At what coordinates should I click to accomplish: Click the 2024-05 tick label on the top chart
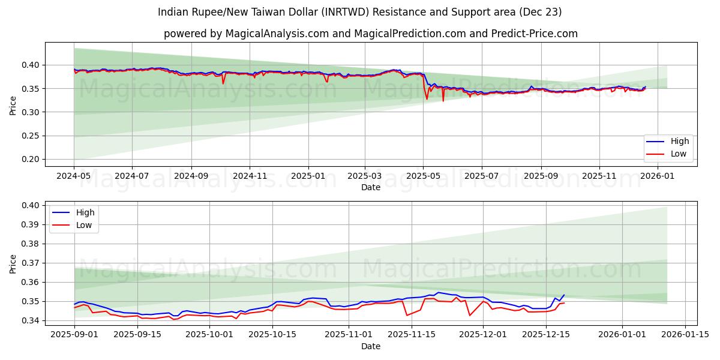[x=74, y=176]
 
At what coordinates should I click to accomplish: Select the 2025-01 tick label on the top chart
[x=308, y=176]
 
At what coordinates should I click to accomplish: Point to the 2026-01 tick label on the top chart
[x=658, y=176]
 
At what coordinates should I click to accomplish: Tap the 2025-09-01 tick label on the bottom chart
[x=74, y=334]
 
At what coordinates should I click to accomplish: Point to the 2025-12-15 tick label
[x=545, y=334]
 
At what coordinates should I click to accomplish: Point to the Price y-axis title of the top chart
[x=13, y=104]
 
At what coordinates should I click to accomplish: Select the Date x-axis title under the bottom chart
[x=370, y=346]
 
